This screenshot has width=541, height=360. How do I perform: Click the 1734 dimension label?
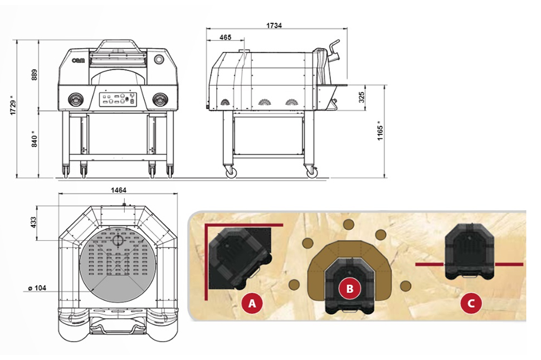coord(274,26)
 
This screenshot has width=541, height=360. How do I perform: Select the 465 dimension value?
coord(225,37)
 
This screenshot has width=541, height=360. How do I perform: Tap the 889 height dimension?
coord(34,75)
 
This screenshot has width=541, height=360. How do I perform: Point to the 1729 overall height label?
coord(13,105)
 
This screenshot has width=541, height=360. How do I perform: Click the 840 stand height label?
coord(34,139)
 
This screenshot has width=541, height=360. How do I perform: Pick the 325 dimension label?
coord(362,98)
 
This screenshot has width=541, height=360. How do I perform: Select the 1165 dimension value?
coord(380,130)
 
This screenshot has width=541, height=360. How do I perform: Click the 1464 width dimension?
coord(118,190)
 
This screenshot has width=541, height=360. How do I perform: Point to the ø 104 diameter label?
coord(37,288)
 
